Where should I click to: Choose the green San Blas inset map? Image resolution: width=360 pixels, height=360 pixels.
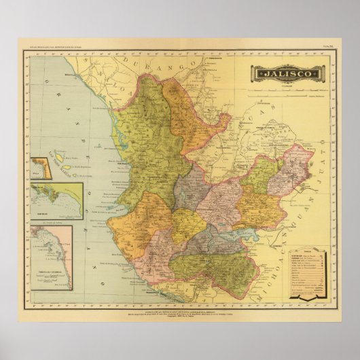click(56, 200)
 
